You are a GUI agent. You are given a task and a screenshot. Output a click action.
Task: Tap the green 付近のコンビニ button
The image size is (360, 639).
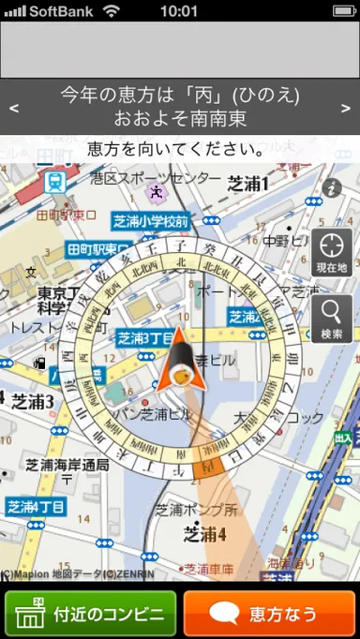[x=91, y=615]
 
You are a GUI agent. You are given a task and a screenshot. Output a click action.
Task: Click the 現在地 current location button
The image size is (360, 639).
[x=332, y=252]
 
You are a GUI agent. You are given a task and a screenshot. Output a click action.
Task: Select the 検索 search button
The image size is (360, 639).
[x=332, y=319]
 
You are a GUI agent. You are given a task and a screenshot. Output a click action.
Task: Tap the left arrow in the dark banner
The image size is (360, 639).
[x=13, y=107]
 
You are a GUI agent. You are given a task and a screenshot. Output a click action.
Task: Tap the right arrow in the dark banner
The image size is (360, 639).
[x=347, y=107]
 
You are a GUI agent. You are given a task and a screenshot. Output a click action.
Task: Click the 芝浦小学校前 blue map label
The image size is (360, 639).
[x=150, y=221]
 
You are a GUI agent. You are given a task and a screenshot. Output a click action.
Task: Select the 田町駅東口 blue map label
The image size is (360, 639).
[x=97, y=249]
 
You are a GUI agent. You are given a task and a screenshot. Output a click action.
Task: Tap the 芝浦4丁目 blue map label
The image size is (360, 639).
[x=37, y=507]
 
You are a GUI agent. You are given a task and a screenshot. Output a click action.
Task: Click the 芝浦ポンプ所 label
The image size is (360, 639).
[x=197, y=511]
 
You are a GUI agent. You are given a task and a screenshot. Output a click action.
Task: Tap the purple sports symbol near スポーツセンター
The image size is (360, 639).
[x=156, y=192]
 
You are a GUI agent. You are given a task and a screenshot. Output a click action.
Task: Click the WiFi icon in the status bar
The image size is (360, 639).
[x=112, y=11]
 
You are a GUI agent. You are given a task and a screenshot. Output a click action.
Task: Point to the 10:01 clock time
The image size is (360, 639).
[x=179, y=11]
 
